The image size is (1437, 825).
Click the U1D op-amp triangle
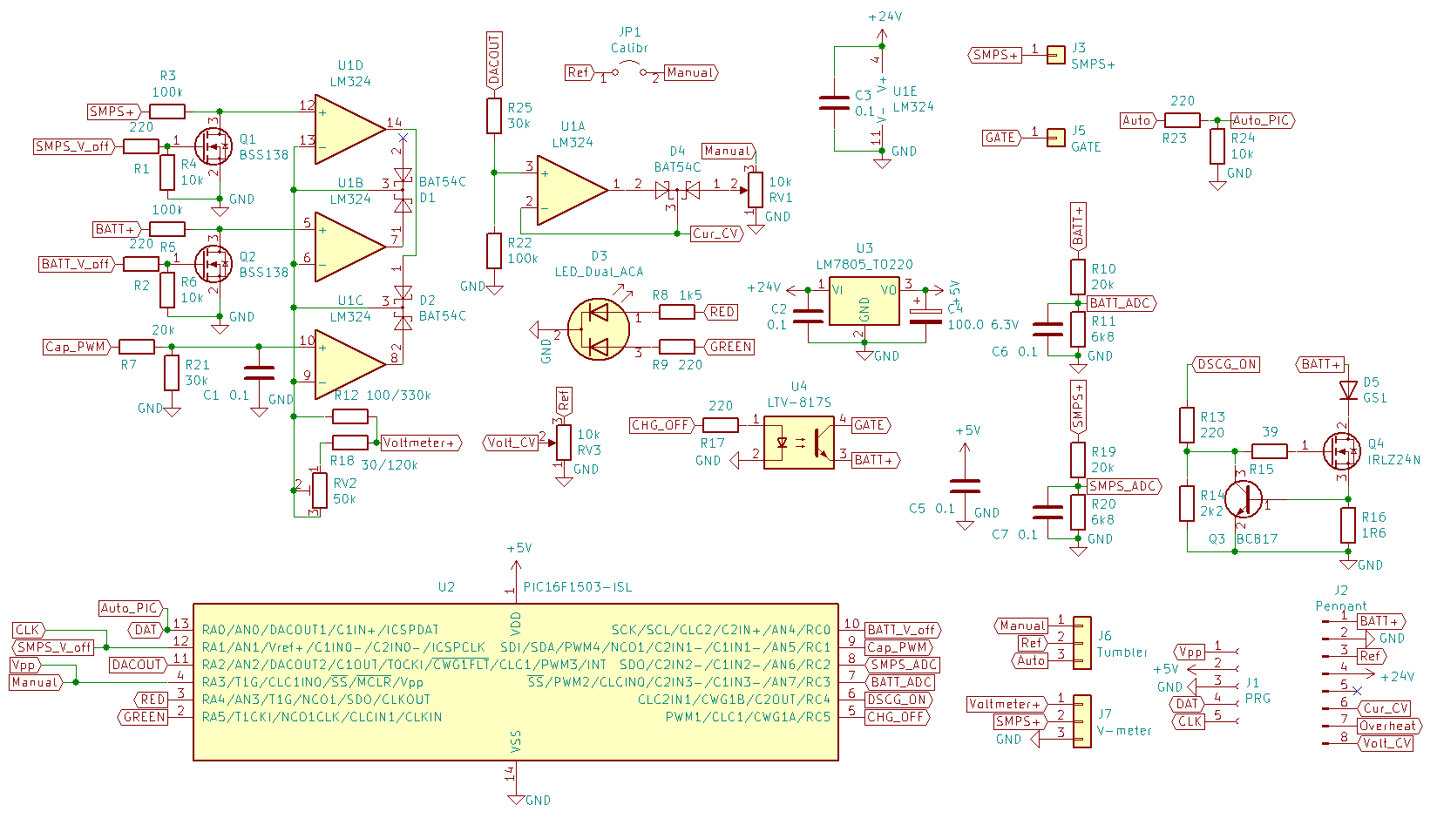coord(350,130)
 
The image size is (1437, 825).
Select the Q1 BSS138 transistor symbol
coord(213,146)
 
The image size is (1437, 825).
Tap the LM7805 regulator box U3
coord(864,301)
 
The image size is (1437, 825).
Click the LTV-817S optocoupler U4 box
coord(799,443)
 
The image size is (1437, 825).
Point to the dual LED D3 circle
coord(598,330)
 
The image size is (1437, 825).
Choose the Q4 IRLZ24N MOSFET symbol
coord(1341,451)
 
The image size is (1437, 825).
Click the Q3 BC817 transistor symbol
coord(1243,498)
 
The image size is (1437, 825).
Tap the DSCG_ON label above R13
coord(1226,364)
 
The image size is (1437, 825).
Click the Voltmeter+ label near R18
coord(421,443)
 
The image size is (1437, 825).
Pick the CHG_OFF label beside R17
coord(661,424)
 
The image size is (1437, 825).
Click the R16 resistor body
coord(1348,524)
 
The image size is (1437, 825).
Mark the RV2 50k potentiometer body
coord(320,490)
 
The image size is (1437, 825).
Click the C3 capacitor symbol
coord(834,103)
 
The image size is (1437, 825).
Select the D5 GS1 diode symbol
coord(1348,390)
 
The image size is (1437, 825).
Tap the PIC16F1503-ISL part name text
coord(578,587)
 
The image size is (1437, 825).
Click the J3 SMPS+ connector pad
coord(1056,55)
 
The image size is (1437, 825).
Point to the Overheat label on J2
coord(1389,727)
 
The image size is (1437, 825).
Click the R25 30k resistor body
coord(493,116)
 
